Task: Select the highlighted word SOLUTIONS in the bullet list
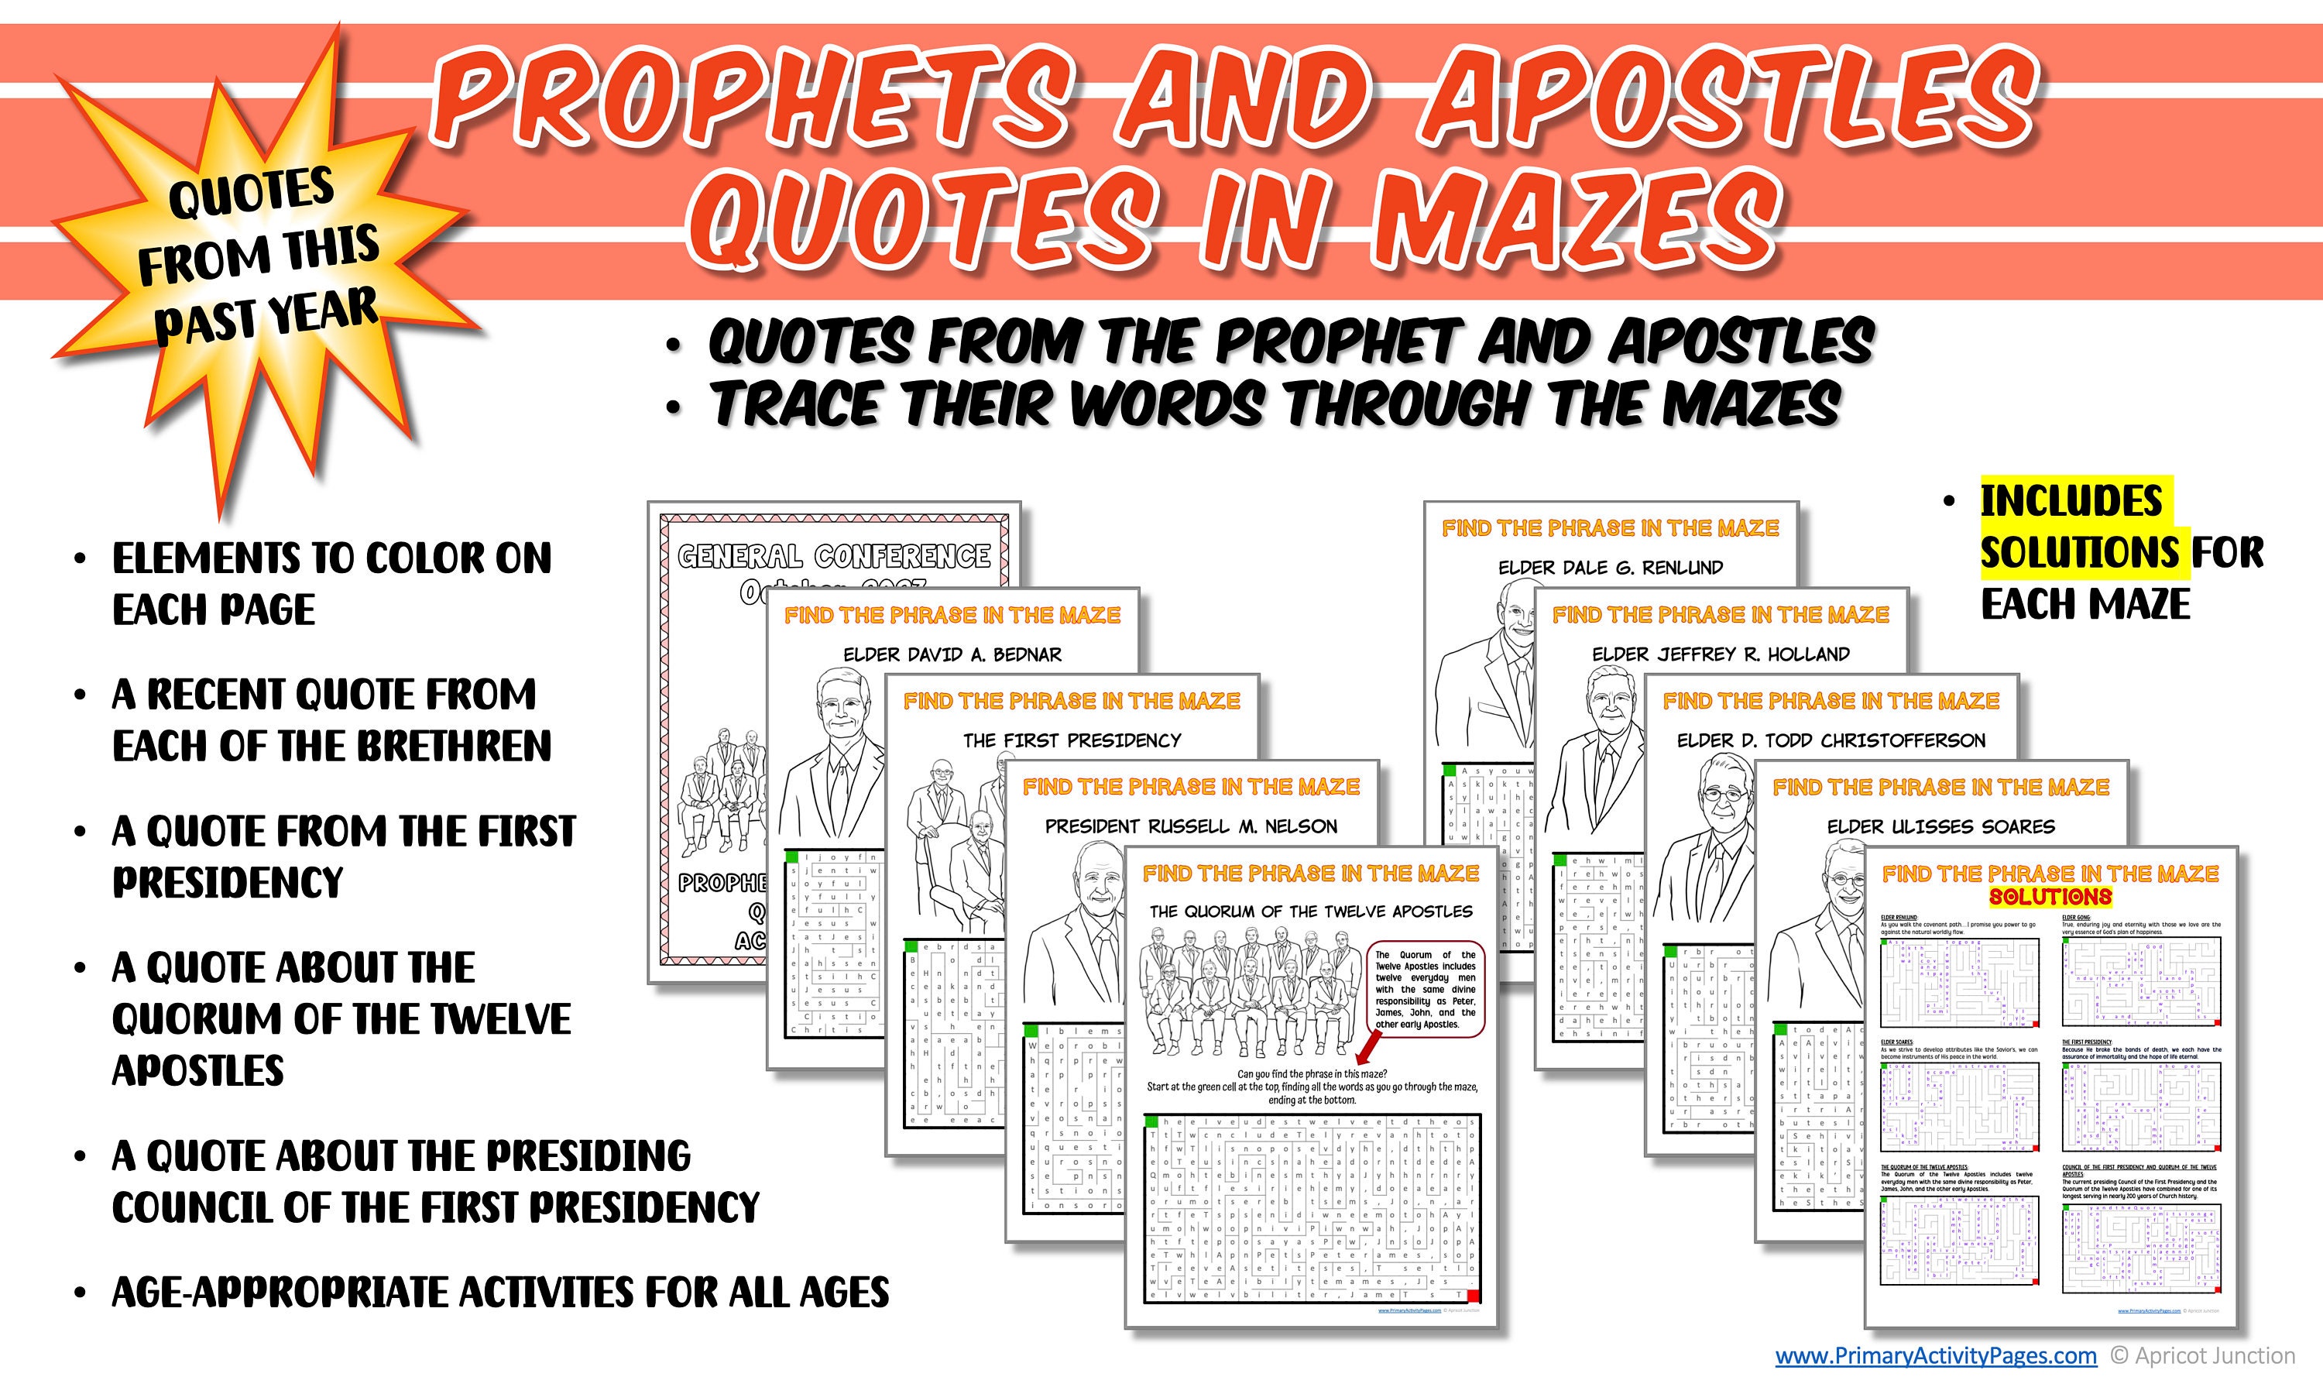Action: [2079, 552]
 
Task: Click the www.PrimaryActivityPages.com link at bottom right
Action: [1935, 1355]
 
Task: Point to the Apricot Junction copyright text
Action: [2203, 1355]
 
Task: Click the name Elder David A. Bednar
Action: [952, 654]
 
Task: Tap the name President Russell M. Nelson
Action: [1191, 826]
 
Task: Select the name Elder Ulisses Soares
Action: [1940, 826]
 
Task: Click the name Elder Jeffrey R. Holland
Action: [1721, 654]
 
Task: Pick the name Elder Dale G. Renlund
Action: [1611, 568]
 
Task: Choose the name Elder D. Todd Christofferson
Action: [1831, 740]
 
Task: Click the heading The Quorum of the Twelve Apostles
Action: [1311, 912]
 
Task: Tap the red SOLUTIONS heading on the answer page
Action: [2050, 897]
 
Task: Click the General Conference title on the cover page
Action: [834, 556]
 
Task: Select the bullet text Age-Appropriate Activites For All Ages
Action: [499, 1293]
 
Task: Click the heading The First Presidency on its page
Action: [1072, 740]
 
